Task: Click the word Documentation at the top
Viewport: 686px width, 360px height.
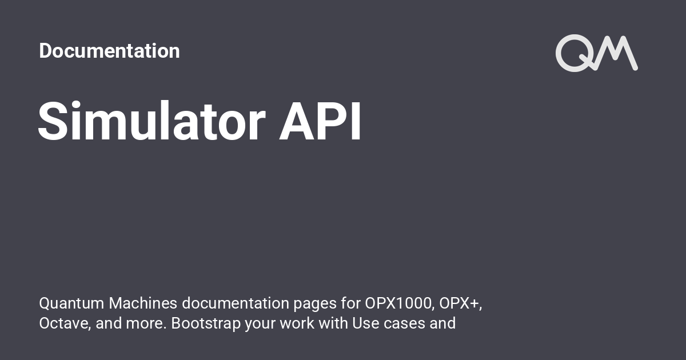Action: (109, 51)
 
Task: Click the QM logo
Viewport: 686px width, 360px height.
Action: (596, 53)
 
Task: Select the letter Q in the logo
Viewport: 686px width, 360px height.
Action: (574, 53)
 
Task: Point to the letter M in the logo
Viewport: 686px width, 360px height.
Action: (617, 53)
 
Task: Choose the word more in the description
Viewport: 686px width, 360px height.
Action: (143, 323)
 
